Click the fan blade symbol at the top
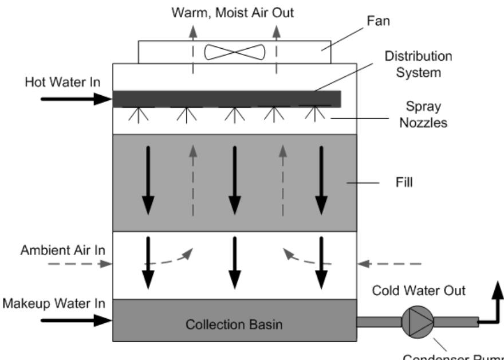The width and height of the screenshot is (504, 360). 234,52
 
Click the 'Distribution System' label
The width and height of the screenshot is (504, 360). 418,64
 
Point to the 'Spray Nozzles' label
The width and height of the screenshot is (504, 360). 424,115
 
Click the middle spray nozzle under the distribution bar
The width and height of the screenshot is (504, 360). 231,115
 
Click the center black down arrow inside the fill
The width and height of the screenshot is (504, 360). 234,178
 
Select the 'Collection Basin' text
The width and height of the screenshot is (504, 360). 234,324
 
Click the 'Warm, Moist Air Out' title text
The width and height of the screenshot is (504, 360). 233,11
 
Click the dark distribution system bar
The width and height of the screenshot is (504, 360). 227,99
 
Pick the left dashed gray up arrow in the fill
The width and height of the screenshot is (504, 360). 193,178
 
